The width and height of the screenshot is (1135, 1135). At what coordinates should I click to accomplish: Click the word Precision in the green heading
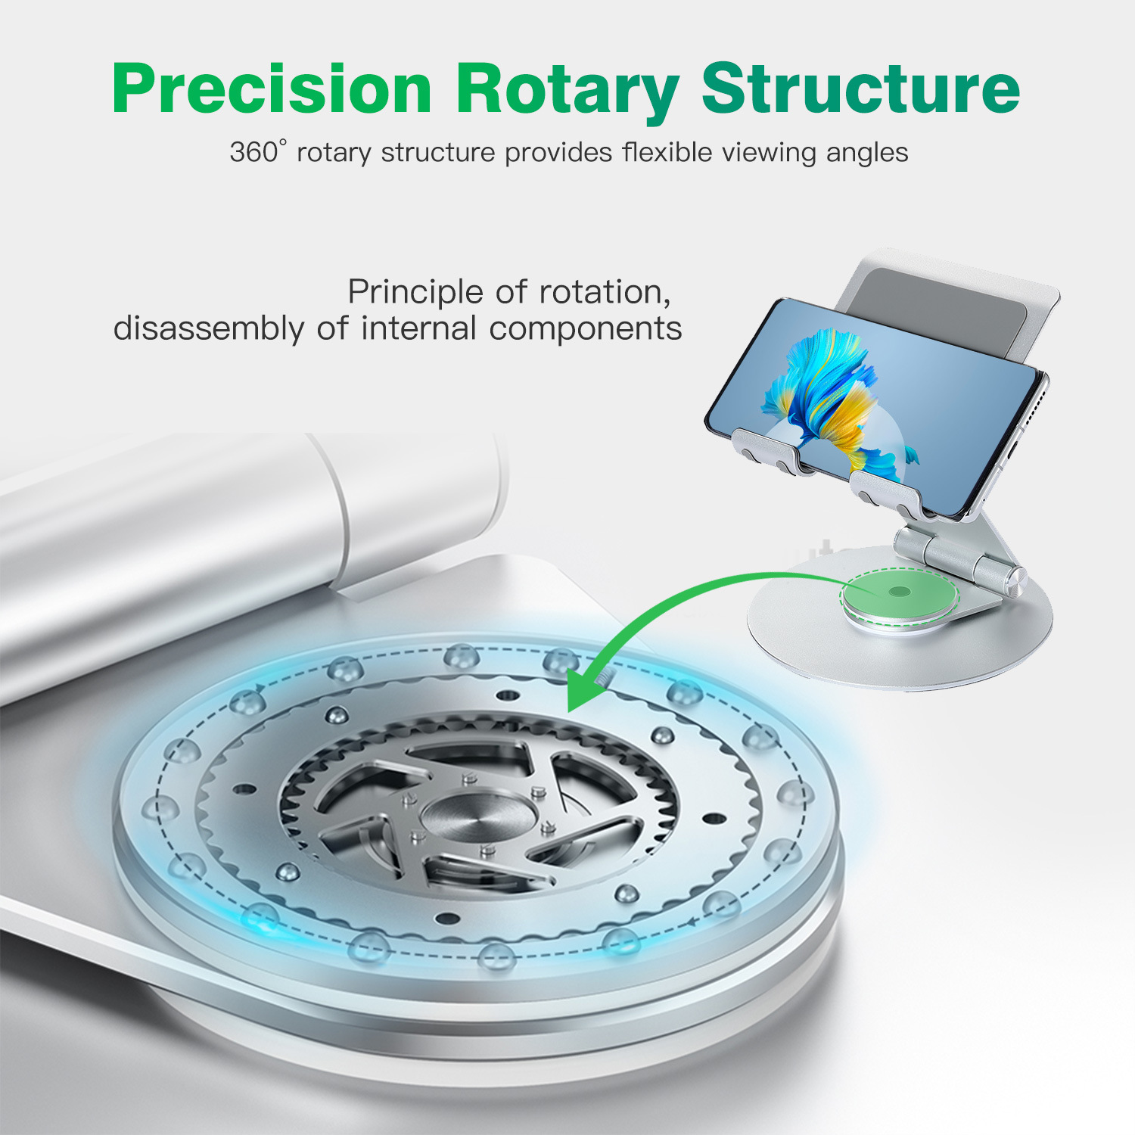click(x=272, y=89)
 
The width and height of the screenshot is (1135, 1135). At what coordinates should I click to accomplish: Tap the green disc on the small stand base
click(x=899, y=592)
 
